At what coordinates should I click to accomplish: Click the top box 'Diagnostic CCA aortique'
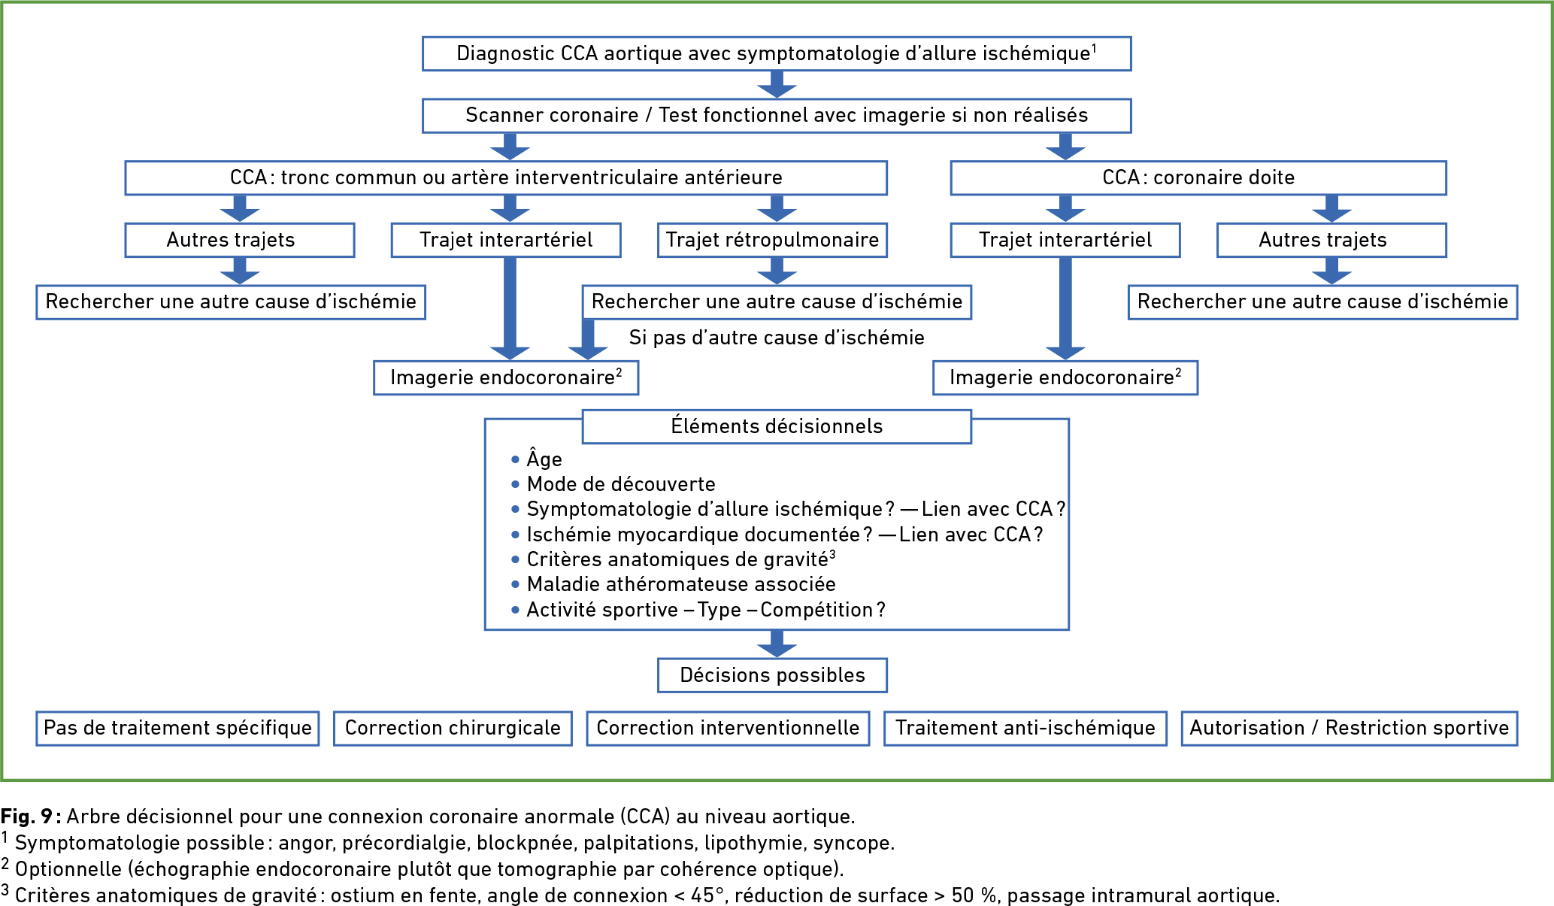point(777,53)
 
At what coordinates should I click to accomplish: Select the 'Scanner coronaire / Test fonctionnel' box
point(777,116)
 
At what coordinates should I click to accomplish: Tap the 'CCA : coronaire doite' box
point(1198,178)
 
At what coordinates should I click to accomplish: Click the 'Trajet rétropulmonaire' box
point(772,240)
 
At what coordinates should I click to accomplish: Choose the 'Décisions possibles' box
point(772,675)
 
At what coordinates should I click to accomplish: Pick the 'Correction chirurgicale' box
point(453,728)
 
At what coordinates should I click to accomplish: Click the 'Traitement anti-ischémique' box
point(1025,728)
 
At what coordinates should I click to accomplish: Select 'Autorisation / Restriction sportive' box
point(1350,728)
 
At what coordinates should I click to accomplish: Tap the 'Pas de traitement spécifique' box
point(177,728)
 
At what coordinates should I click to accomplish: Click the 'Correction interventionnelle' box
point(728,728)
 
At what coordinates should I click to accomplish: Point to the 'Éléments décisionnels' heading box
point(777,426)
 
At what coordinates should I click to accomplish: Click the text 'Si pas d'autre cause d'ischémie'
point(777,338)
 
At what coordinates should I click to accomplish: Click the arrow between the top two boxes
point(777,84)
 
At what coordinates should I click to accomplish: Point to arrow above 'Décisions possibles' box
point(777,644)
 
